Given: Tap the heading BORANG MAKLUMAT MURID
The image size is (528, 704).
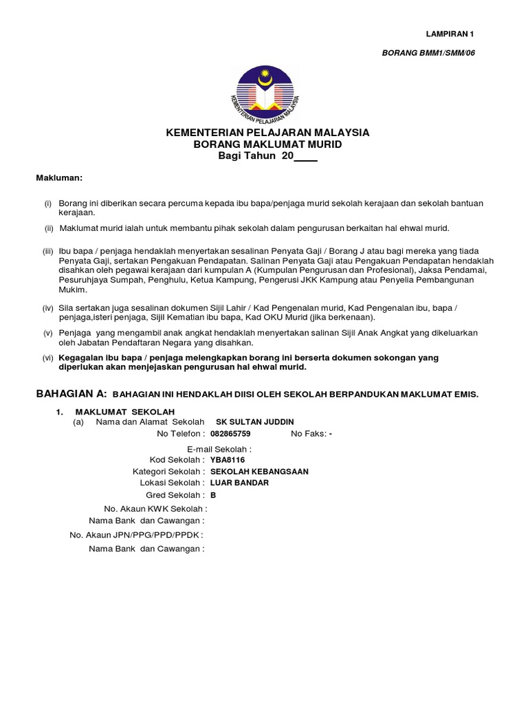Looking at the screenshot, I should (x=267, y=144).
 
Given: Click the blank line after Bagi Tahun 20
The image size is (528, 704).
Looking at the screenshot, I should (x=306, y=157).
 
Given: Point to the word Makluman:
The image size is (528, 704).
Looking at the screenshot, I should (x=59, y=179).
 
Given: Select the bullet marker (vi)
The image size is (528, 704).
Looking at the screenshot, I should (x=47, y=358).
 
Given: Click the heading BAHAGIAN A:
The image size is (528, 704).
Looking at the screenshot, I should (x=71, y=393).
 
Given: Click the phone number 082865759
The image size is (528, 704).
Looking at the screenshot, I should (x=230, y=434).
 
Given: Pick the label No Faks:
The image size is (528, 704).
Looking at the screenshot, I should (x=307, y=434).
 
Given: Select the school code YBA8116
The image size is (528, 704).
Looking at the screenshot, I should (x=228, y=459).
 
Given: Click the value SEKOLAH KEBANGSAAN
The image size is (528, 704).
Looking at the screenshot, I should (x=259, y=472).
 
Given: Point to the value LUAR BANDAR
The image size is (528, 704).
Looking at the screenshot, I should (x=239, y=483).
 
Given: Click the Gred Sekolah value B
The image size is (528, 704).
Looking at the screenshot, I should (x=213, y=495).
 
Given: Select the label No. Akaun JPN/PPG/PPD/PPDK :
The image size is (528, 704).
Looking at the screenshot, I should (x=136, y=534).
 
